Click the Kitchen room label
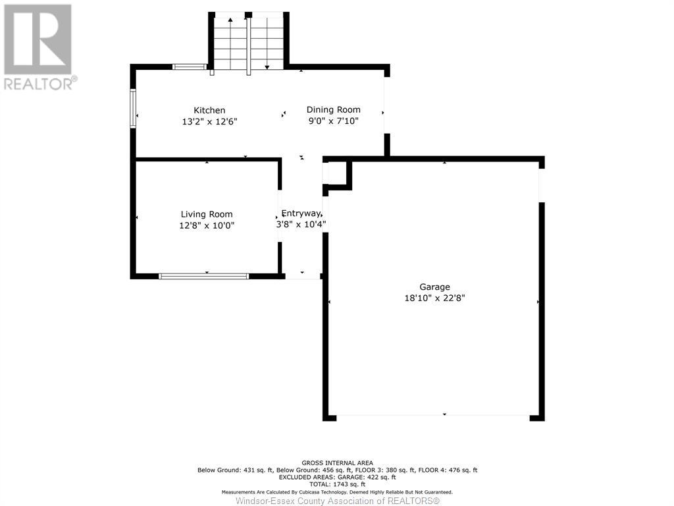[x=209, y=110]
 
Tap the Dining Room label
[x=334, y=110]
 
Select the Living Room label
[x=206, y=214]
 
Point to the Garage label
[x=434, y=287]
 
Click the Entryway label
[x=301, y=213]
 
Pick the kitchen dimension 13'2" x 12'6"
[x=209, y=122]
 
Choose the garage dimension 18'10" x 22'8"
[x=434, y=298]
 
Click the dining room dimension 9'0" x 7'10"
[x=334, y=121]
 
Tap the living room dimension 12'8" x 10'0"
[x=206, y=225]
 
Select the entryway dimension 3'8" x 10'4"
[x=301, y=224]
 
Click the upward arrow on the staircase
[x=230, y=43]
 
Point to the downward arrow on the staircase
[x=267, y=43]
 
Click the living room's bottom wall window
[x=204, y=276]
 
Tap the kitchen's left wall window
[x=133, y=109]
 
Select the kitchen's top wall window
[x=190, y=67]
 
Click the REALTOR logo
[x=39, y=47]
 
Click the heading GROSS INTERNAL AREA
[x=338, y=463]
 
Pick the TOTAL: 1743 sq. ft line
[x=338, y=484]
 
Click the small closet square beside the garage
[x=338, y=173]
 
